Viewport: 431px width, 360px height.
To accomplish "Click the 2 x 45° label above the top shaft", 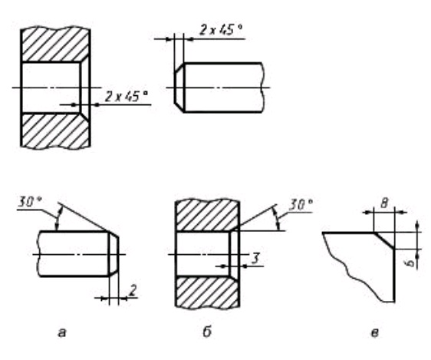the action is (221, 30).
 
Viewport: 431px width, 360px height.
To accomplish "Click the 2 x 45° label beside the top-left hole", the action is (127, 96).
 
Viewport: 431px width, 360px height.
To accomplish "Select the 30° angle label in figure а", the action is (30, 203).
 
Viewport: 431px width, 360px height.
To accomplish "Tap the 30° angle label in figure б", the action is (300, 205).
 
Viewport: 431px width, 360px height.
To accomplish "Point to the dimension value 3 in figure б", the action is (255, 258).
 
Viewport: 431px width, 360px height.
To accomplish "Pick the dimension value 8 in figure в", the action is (384, 203).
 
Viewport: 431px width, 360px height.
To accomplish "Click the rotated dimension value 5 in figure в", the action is (410, 263).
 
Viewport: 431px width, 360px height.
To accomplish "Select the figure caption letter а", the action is (62, 333).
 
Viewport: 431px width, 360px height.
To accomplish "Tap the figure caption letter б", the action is (207, 332).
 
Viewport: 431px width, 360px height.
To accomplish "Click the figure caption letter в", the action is (375, 333).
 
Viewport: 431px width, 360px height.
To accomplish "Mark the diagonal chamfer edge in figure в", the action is (384, 241).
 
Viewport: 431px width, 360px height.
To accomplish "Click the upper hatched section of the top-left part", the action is (55, 45).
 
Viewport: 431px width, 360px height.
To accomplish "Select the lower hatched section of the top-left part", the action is (55, 131).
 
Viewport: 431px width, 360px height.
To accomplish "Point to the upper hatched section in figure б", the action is (207, 216).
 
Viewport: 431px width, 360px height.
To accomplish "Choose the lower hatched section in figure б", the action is (207, 292).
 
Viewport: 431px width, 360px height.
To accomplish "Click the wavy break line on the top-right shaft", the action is (262, 88).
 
